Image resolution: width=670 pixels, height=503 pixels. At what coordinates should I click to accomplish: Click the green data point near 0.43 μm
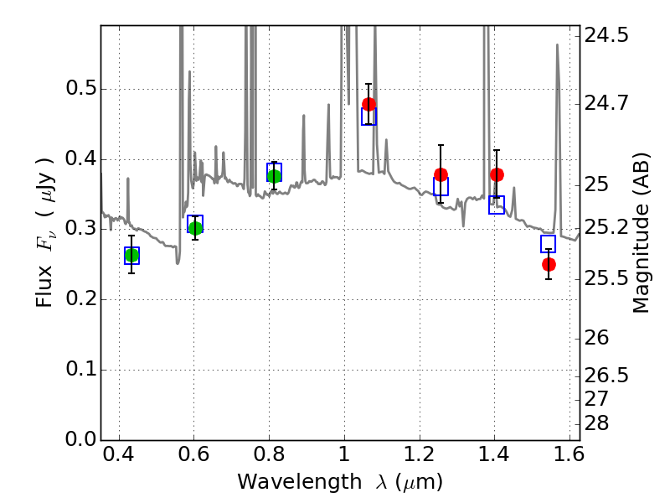click(x=131, y=256)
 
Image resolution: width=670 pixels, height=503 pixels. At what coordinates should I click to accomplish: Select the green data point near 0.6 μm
click(x=195, y=228)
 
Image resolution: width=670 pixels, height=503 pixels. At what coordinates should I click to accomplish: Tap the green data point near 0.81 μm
click(x=274, y=176)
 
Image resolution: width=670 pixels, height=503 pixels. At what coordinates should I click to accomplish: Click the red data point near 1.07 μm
click(x=368, y=104)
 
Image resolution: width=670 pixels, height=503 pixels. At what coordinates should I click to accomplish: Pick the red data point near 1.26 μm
click(x=441, y=174)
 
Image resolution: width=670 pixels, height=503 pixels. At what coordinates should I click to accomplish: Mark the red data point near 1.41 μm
click(x=497, y=174)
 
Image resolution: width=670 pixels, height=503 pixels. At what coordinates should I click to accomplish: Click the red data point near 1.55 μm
click(x=549, y=264)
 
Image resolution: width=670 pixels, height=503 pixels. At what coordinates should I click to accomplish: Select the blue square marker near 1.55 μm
click(x=548, y=244)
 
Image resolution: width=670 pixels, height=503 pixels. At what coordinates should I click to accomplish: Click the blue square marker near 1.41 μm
click(x=497, y=205)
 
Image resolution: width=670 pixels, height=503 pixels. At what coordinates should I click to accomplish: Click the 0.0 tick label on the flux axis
click(x=80, y=439)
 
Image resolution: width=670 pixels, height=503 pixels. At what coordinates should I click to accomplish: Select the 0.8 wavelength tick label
click(x=269, y=454)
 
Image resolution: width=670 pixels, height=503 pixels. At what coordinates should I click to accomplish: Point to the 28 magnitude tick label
click(x=596, y=423)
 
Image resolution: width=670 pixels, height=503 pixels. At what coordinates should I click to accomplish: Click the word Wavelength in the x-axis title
click(x=300, y=481)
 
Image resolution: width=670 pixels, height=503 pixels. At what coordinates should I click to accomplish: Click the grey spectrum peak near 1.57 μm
click(x=557, y=44)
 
